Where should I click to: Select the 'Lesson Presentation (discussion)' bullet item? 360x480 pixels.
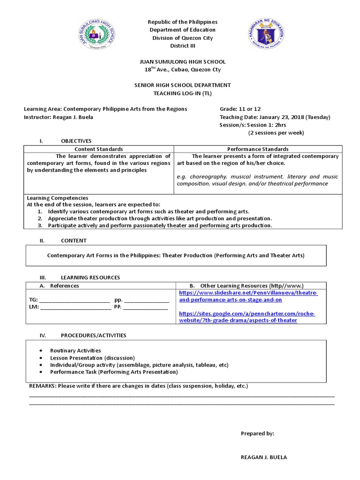coord(92,358)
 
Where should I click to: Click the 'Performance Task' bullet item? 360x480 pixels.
coord(114,372)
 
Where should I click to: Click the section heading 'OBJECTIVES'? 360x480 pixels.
coord(76,141)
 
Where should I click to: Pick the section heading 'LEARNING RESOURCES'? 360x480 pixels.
coord(90,277)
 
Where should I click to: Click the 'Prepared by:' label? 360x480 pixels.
coord(257,434)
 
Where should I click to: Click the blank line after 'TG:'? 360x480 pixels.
coord(74,300)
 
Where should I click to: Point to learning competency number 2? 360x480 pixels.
coord(159,218)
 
